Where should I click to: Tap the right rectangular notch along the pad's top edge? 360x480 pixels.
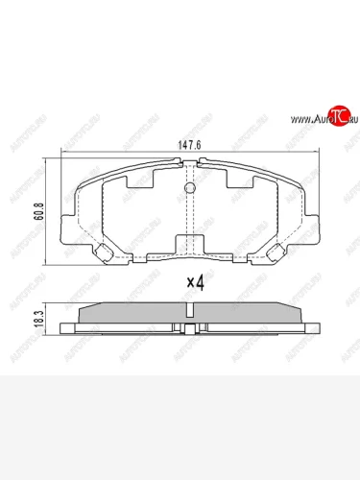pos(238,180)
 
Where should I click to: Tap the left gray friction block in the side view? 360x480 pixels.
pos(134,315)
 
